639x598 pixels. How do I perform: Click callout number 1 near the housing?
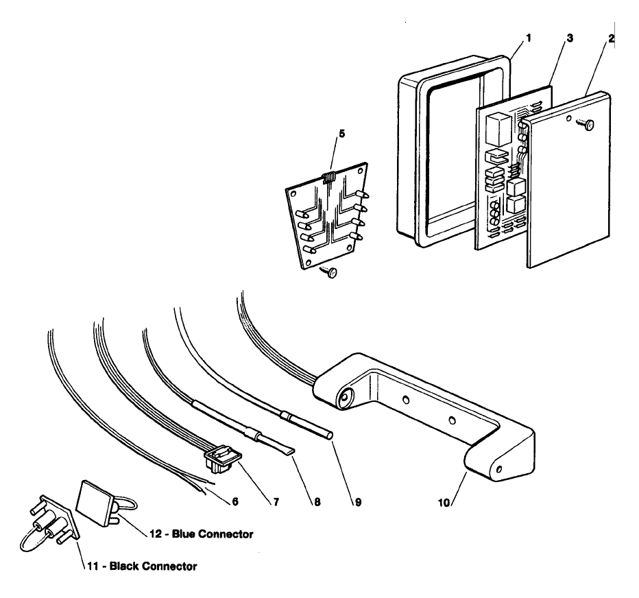coord(529,38)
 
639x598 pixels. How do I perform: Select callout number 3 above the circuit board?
coord(570,38)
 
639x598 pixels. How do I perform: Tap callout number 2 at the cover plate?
coord(611,38)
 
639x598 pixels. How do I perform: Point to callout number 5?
coord(341,134)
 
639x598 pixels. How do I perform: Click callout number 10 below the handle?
coord(444,503)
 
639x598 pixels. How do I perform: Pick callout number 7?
coord(276,502)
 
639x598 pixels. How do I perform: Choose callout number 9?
coord(358,502)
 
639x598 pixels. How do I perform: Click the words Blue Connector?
coord(213,534)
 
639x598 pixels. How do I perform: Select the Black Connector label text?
coord(153,566)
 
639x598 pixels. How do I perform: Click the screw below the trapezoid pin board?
coord(330,272)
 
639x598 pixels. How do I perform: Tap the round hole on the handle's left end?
coord(346,396)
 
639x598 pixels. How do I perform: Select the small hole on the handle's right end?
coord(499,469)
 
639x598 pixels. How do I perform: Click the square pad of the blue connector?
coord(95,501)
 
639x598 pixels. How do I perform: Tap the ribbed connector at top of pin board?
coord(329,178)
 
